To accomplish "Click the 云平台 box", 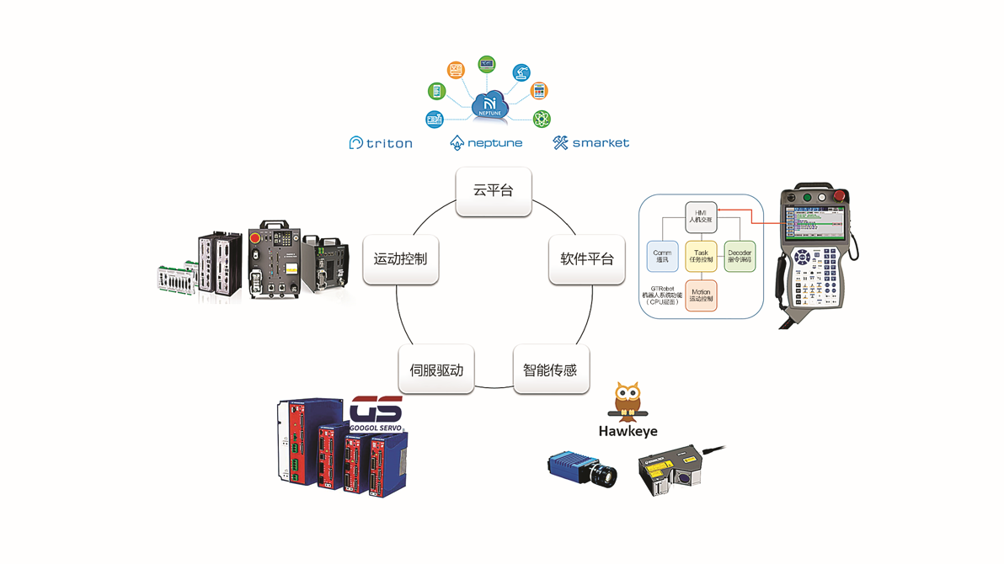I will click(x=493, y=191).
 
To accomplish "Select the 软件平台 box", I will click(x=587, y=259).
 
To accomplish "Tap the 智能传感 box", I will click(x=550, y=370).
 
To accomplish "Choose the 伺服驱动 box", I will click(x=436, y=370).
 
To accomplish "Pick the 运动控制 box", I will click(x=400, y=259).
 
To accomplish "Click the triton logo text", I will click(x=382, y=143).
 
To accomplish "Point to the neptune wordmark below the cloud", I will click(x=486, y=143).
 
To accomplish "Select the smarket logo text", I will click(x=591, y=143).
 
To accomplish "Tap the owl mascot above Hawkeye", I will click(x=627, y=402).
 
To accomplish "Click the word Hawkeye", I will click(x=627, y=431).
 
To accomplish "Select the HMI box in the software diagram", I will click(x=701, y=217).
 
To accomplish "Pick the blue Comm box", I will click(x=662, y=256).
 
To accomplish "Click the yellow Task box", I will click(x=701, y=256).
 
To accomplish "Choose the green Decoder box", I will click(x=740, y=256).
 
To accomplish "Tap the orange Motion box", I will click(x=701, y=295).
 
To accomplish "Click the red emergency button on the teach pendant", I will click(x=838, y=197).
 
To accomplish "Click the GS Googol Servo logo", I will click(x=376, y=414).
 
